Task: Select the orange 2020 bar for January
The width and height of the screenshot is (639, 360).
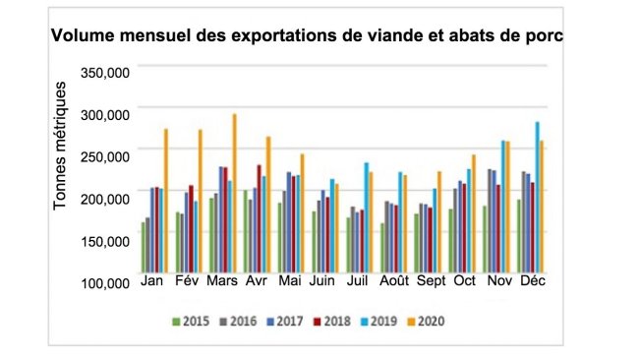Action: [166, 201]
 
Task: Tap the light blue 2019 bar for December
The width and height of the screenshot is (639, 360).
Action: [537, 197]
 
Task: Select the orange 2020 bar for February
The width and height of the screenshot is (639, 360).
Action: [201, 201]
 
